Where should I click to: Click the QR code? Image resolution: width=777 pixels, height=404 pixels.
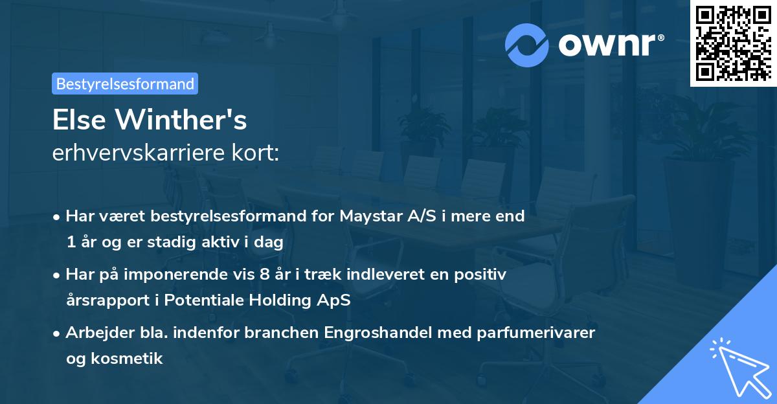coord(733,43)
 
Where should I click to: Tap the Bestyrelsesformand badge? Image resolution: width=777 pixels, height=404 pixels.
coord(125,84)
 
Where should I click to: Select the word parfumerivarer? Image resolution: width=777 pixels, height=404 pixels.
coord(523,333)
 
